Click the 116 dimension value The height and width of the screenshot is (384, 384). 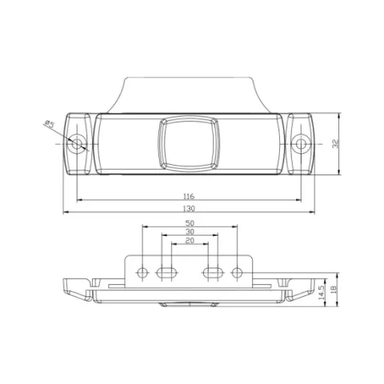coord(189,197)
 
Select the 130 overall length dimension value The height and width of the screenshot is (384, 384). coord(189,208)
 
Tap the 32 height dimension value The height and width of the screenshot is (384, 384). coord(336,144)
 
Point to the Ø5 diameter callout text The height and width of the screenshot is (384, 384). coord(50,124)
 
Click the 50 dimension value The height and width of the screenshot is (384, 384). coord(190,223)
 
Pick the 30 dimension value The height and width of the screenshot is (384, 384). coord(190,231)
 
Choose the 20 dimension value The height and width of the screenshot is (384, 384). coord(190,241)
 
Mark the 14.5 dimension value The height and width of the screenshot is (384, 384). coord(322,293)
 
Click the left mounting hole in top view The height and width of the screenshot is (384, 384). coord(77,144)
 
